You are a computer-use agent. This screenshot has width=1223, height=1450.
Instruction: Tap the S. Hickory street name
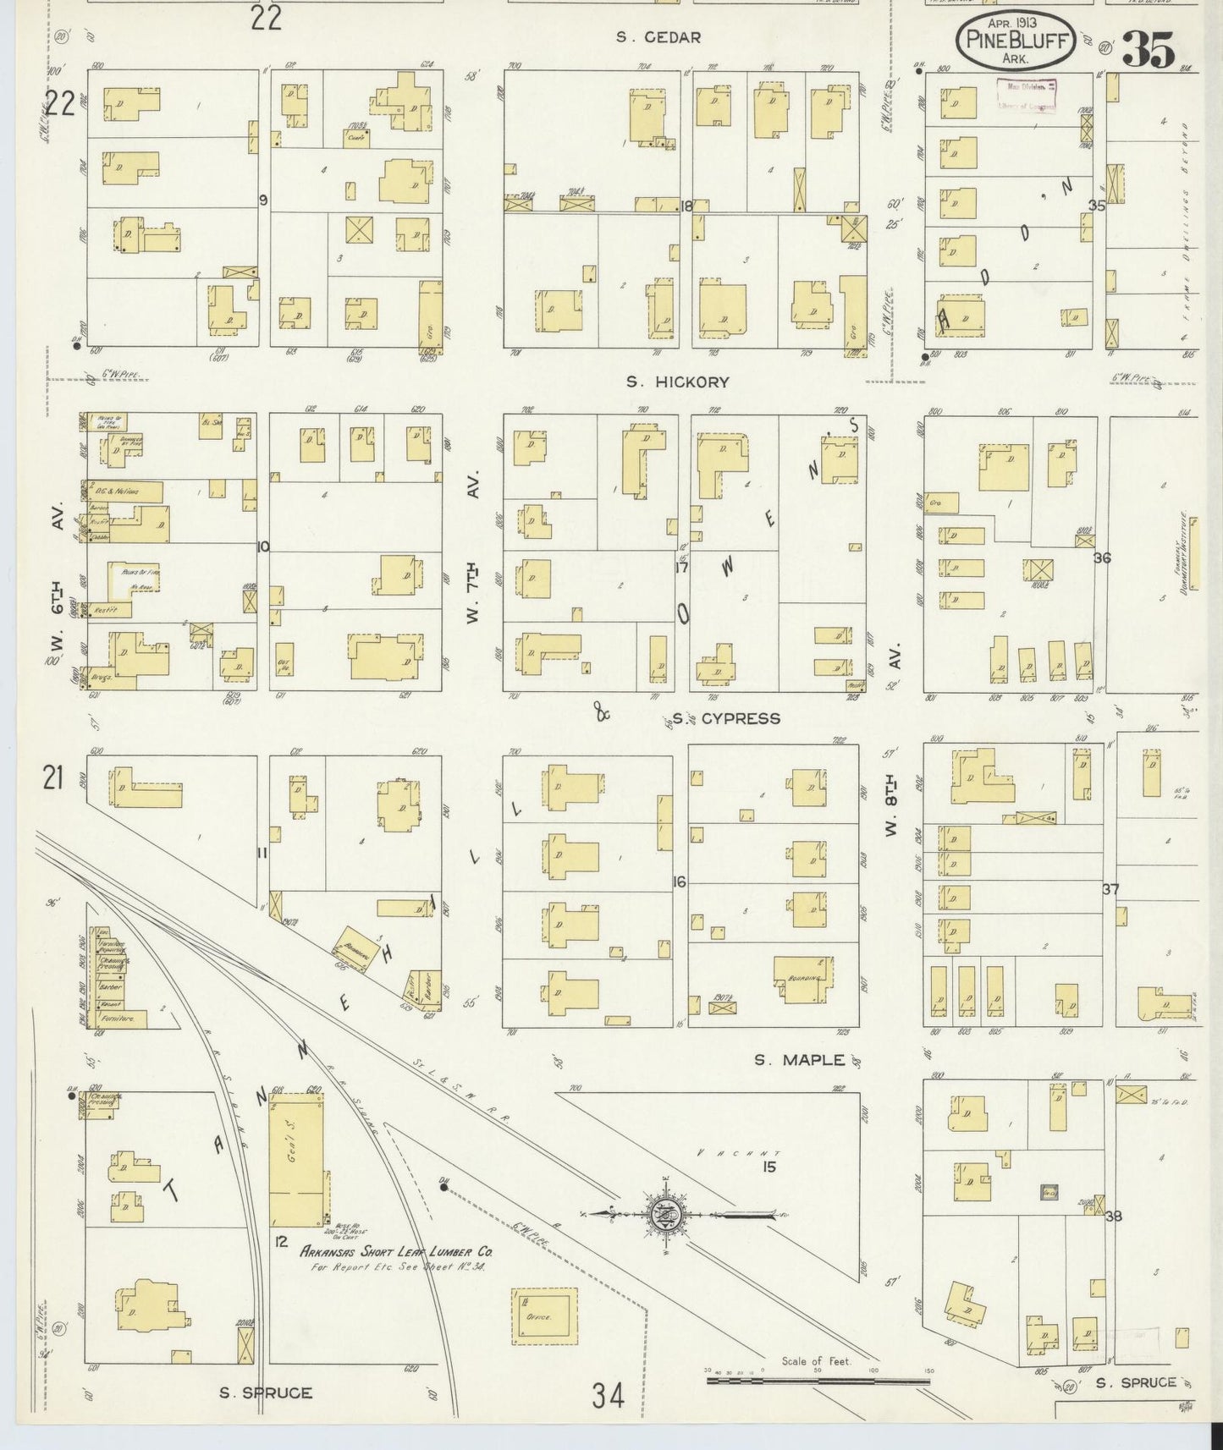point(677,382)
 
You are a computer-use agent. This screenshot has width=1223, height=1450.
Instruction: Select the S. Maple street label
point(800,1059)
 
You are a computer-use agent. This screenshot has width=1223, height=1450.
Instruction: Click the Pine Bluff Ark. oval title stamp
point(1016,41)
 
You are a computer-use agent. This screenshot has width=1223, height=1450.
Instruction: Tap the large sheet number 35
point(1149,51)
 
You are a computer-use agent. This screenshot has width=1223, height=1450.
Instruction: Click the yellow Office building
point(544,1316)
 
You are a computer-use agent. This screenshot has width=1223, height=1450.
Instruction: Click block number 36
point(1101,558)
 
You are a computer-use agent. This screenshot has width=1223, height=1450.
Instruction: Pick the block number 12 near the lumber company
point(283,1241)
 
